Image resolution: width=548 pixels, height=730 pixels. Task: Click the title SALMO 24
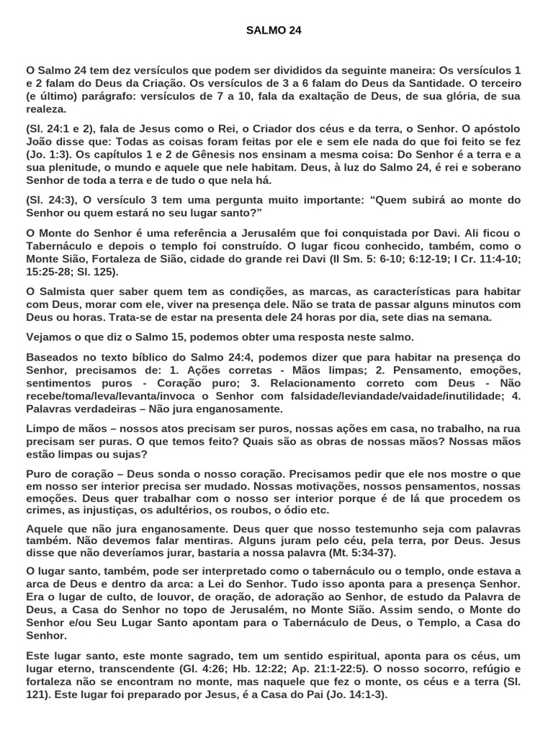pos(273,31)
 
